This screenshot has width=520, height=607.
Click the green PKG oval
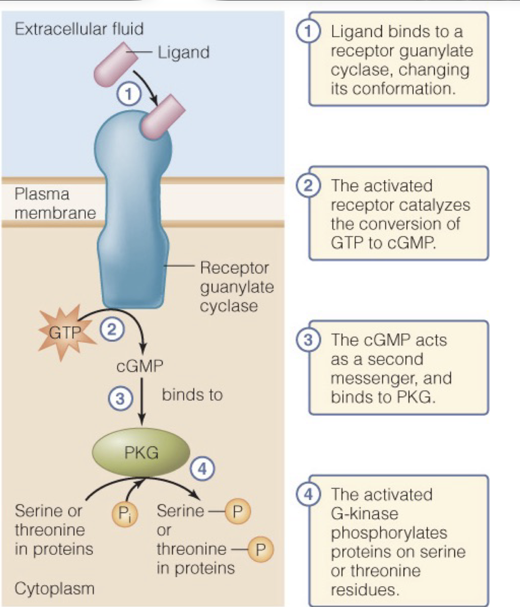141,452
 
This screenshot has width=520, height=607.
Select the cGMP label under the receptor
140,366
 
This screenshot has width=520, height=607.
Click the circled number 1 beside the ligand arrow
128,93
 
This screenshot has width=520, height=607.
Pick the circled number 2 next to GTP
112,330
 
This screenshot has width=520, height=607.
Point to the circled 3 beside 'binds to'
120,398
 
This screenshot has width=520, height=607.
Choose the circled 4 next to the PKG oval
202,468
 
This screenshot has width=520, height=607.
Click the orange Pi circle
125,513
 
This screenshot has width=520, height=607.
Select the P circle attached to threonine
260,549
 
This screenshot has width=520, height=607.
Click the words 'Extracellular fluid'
79,29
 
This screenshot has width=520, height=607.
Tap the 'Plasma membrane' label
55,203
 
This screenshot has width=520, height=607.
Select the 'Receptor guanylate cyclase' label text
236,287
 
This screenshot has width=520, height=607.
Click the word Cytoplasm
54,588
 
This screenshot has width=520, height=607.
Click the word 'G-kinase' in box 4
364,513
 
